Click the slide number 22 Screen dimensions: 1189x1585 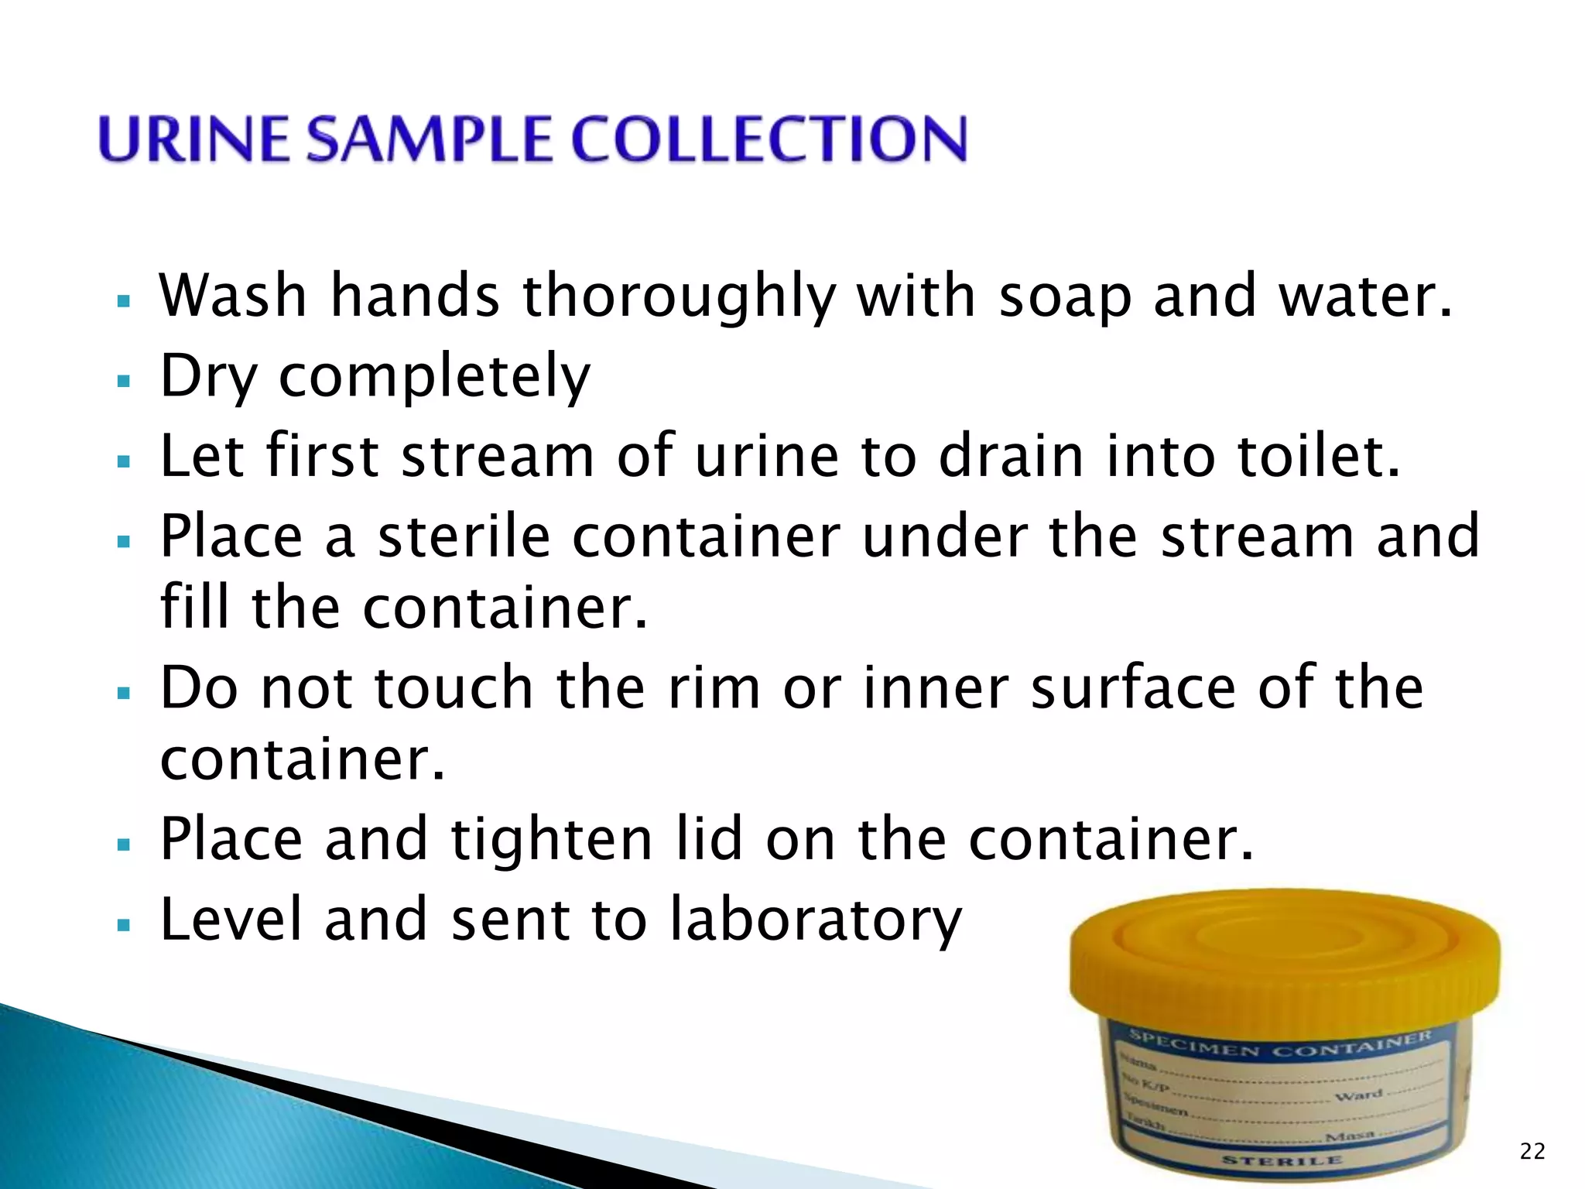coord(1532,1152)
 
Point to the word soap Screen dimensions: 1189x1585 coord(1065,297)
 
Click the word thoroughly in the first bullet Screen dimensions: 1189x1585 coord(680,299)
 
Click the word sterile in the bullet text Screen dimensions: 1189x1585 coord(464,536)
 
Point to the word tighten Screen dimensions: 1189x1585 coord(551,839)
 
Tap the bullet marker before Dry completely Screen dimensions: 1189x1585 coord(123,381)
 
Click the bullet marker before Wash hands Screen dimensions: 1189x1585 coord(123,300)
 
